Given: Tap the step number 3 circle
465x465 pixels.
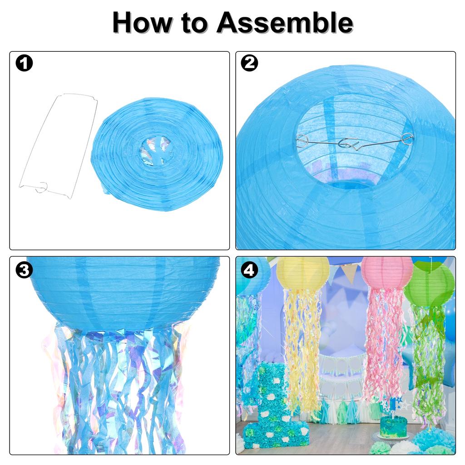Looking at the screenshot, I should (x=24, y=270).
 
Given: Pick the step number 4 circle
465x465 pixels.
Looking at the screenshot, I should (x=249, y=270).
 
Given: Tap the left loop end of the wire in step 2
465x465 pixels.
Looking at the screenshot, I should (x=302, y=141).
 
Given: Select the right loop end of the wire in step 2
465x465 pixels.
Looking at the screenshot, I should (x=408, y=137).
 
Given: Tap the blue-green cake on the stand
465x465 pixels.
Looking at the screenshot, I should (x=393, y=427).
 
